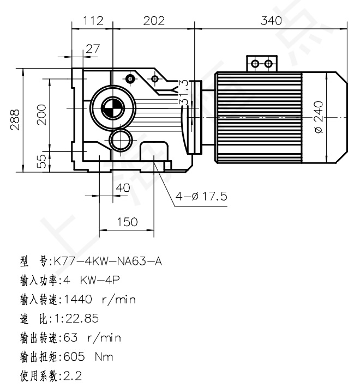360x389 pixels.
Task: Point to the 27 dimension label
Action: [x=93, y=48]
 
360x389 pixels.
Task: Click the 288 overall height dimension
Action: [x=16, y=118]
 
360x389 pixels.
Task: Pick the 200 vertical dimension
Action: [x=41, y=114]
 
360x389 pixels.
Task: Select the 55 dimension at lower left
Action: [x=41, y=161]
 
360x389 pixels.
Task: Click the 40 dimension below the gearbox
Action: [x=123, y=188]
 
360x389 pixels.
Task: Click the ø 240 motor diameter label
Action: [x=319, y=117]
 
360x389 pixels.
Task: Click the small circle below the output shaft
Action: [x=119, y=141]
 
